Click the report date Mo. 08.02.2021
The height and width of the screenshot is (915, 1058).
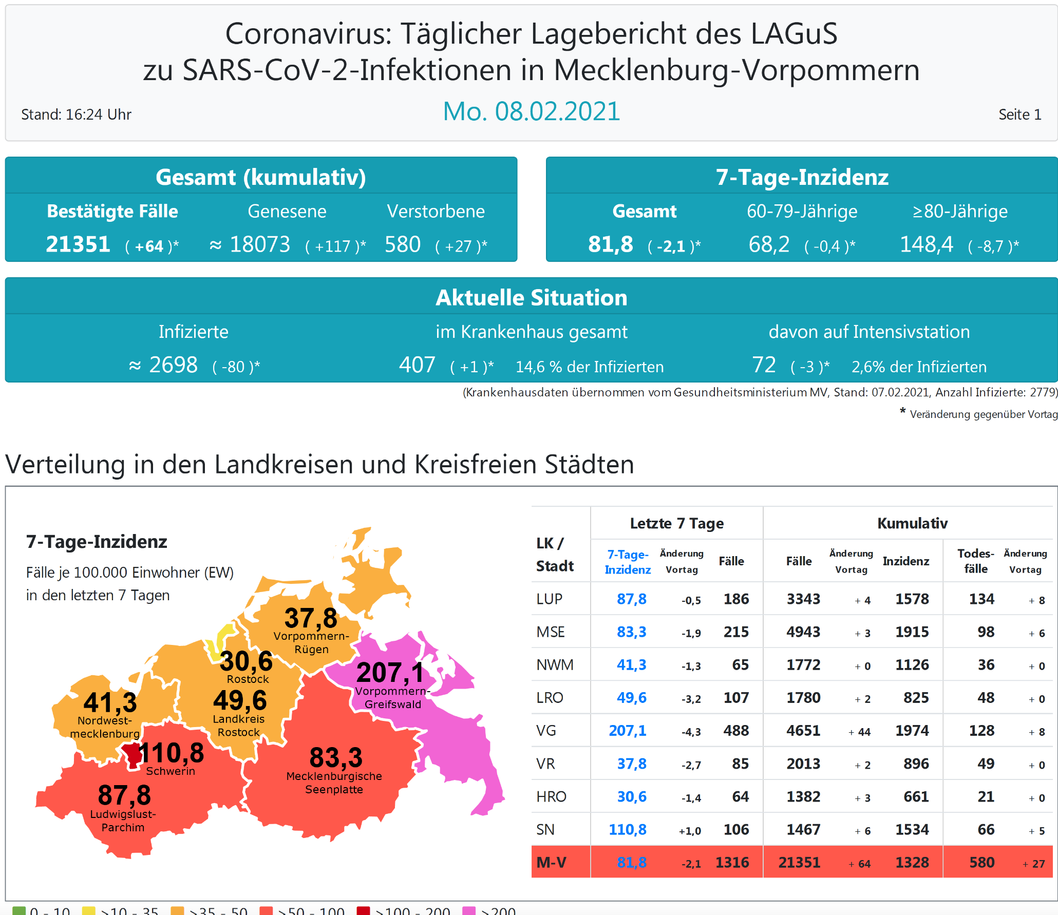[532, 111]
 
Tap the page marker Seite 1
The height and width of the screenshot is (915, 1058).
[1019, 115]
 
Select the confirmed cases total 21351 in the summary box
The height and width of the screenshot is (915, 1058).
[78, 244]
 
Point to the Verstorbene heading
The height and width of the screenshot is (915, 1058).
[436, 211]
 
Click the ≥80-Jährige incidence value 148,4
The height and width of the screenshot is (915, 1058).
[927, 244]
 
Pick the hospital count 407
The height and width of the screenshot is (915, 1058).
[417, 365]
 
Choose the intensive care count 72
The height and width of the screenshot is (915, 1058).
[764, 365]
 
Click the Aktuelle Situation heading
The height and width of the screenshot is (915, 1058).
[532, 298]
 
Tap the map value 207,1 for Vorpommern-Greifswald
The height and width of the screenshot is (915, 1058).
[390, 672]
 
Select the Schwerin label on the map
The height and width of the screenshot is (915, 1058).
[171, 771]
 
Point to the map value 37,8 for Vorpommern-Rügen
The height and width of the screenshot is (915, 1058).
[311, 618]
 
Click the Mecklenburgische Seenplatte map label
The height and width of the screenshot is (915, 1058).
[334, 783]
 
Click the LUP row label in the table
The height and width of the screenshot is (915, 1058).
[549, 599]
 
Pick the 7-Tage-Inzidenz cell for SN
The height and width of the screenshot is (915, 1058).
[627, 829]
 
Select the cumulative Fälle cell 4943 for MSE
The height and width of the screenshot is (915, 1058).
[803, 632]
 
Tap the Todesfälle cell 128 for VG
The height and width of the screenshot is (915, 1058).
[981, 730]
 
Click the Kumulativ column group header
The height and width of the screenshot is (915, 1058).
[912, 523]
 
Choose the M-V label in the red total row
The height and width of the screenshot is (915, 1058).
[551, 862]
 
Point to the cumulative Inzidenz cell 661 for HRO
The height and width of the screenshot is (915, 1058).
[916, 796]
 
